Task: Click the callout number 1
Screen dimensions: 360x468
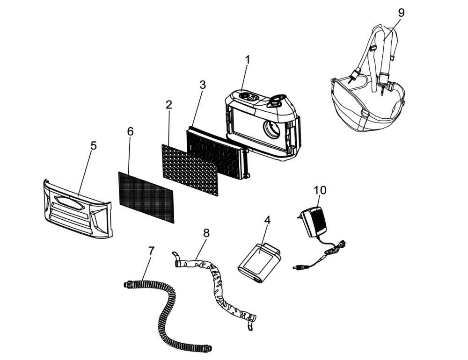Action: click(248, 60)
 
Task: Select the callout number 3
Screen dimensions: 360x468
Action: click(202, 85)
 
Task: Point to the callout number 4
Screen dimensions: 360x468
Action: click(267, 220)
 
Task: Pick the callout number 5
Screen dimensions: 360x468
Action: click(94, 145)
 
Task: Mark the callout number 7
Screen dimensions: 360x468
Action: click(151, 251)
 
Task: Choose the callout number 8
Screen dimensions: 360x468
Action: click(206, 233)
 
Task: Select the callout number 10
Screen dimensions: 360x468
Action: click(321, 190)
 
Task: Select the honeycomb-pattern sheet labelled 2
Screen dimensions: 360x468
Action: click(190, 169)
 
